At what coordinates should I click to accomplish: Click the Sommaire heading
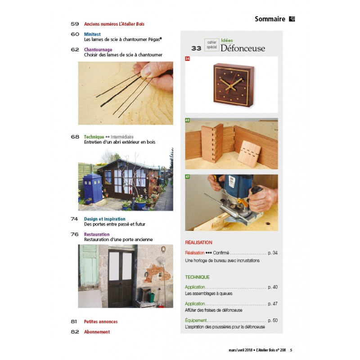[270, 19]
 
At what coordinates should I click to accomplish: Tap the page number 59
[75, 24]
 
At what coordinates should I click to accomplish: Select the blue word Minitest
[92, 34]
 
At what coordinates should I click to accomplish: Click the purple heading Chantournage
[98, 49]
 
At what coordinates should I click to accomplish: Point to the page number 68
[75, 137]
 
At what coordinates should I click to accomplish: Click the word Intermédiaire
[122, 137]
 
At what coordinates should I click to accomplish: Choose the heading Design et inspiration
[105, 219]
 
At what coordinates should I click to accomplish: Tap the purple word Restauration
[97, 234]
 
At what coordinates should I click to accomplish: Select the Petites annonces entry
[101, 322]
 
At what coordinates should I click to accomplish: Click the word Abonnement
[97, 332]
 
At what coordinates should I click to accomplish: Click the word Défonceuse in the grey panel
[243, 48]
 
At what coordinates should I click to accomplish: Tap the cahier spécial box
[211, 45]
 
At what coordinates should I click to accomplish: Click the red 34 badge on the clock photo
[187, 59]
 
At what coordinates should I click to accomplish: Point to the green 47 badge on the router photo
[187, 177]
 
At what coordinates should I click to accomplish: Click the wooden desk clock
[234, 85]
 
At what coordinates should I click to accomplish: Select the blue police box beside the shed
[93, 188]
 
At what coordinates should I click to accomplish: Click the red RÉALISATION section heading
[198, 243]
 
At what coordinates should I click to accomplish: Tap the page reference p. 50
[273, 320]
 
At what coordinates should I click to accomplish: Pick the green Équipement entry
[196, 320]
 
